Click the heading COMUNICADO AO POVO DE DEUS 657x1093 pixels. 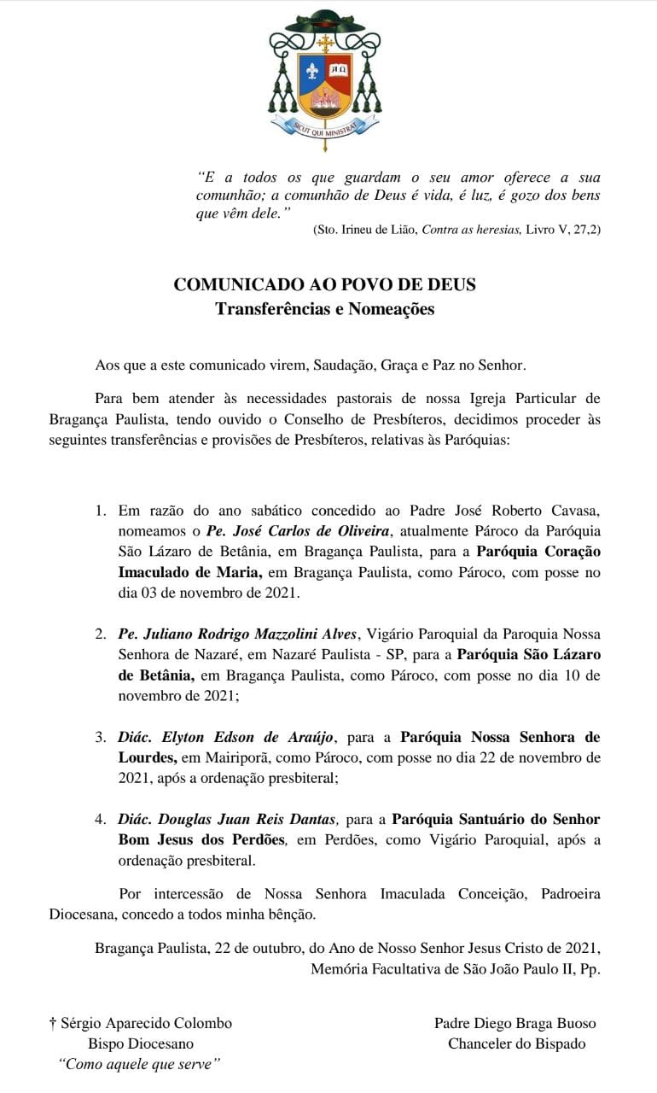click(324, 284)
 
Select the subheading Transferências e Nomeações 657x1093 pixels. click(324, 309)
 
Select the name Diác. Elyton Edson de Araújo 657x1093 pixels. click(227, 737)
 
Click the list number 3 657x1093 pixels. click(101, 737)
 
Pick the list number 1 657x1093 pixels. click(101, 511)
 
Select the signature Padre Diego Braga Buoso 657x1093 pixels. click(515, 1023)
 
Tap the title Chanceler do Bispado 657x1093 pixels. click(517, 1043)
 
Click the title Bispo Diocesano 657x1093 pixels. click(141, 1043)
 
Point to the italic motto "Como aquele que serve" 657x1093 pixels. click(139, 1064)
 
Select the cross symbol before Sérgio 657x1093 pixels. click(53, 1023)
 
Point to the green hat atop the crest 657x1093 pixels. click(324, 22)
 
